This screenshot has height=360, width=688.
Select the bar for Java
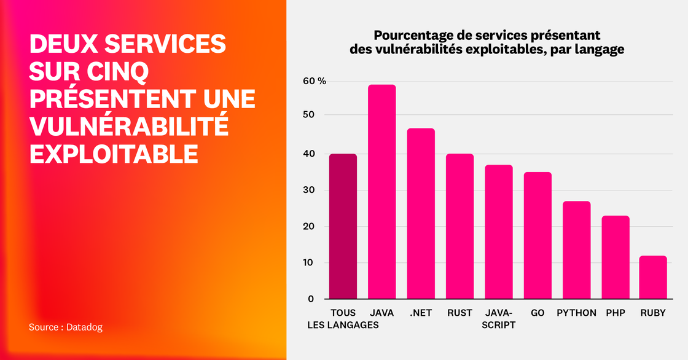[381, 192]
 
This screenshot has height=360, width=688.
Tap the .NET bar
[421, 214]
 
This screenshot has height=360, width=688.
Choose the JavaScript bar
[498, 232]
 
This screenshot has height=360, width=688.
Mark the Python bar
[576, 250]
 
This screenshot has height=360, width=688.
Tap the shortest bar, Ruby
[653, 277]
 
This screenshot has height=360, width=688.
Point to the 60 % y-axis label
[314, 81]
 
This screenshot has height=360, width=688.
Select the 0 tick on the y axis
[311, 299]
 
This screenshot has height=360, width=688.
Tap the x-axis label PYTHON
[576, 313]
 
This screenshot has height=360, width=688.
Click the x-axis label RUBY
[653, 313]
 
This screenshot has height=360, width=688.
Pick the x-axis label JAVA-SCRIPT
[498, 318]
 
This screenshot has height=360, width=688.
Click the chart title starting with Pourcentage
[487, 42]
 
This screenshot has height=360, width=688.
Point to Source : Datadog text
[65, 327]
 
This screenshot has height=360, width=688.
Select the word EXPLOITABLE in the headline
[114, 154]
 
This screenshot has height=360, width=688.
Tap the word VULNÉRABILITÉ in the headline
[128, 127]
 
